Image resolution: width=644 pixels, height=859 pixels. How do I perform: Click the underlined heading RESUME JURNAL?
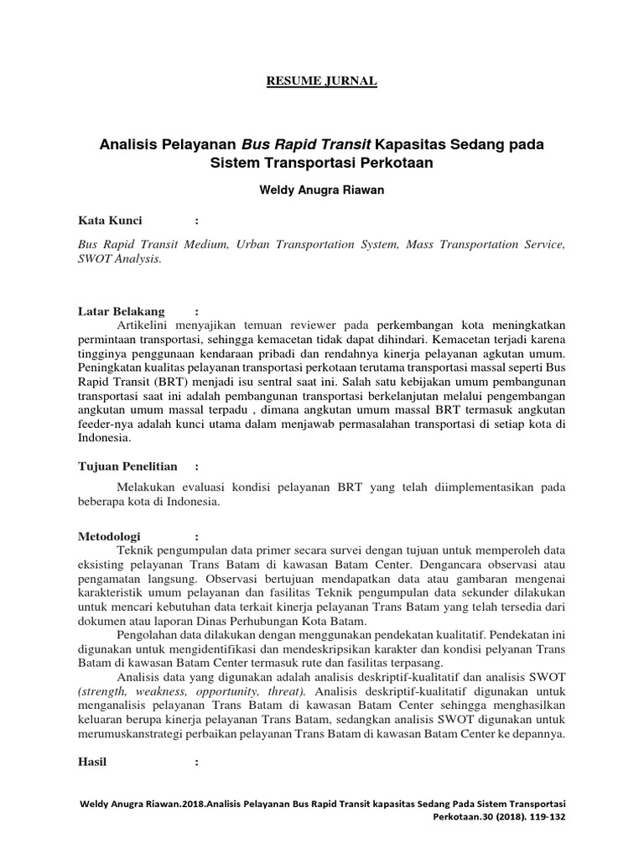point(321,81)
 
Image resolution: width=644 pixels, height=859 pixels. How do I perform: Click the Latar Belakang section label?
point(121,311)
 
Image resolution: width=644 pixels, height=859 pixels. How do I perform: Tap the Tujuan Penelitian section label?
point(127,466)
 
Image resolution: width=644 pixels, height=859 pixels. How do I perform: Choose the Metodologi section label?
point(109,536)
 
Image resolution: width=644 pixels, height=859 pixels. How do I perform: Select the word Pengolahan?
point(148,636)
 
